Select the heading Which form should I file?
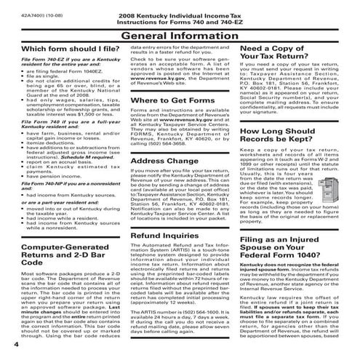pyautogui.click(x=58, y=49)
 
